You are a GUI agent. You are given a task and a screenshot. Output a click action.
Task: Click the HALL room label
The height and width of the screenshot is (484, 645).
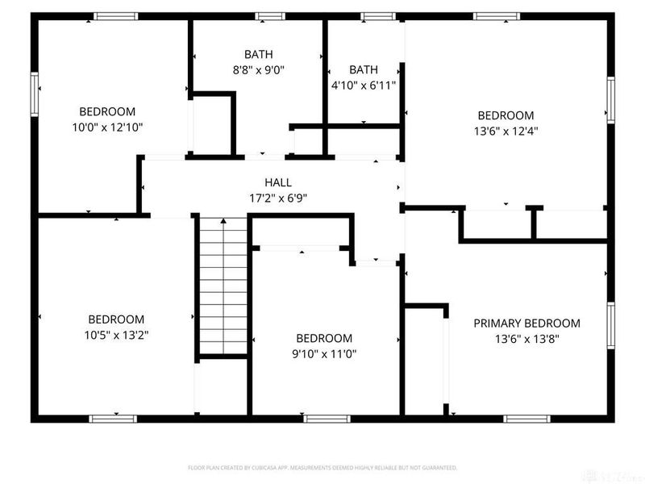pyautogui.click(x=277, y=182)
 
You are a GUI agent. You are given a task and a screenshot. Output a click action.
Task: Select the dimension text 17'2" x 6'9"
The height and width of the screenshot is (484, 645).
pyautogui.click(x=277, y=198)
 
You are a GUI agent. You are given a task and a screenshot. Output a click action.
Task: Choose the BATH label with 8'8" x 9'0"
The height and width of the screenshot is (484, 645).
pyautogui.click(x=258, y=54)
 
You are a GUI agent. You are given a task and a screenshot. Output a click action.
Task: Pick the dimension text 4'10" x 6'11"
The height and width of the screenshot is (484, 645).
pyautogui.click(x=363, y=84)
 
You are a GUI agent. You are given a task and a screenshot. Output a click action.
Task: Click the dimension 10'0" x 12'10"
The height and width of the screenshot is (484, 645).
pyautogui.click(x=106, y=127)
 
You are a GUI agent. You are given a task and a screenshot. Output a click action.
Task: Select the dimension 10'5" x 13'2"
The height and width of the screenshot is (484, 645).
pyautogui.click(x=116, y=334)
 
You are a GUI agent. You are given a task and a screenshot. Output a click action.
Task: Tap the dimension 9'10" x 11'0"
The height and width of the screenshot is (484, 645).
pyautogui.click(x=324, y=353)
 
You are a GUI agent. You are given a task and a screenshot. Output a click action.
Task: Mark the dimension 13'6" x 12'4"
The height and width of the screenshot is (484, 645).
pyautogui.click(x=506, y=131)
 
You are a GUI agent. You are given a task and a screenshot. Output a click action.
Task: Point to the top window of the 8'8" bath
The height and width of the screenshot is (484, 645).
pyautogui.click(x=271, y=15)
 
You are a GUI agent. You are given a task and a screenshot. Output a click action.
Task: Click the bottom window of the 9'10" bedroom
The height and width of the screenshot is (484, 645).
pyautogui.click(x=324, y=418)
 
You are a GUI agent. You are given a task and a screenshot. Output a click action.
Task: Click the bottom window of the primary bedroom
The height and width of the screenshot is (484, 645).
pyautogui.click(x=527, y=418)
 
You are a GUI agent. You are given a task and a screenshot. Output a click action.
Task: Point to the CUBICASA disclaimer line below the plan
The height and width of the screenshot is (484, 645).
pyautogui.click(x=322, y=467)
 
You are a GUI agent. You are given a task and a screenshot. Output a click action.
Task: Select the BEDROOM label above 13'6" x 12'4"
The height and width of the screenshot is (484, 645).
pyautogui.click(x=506, y=115)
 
